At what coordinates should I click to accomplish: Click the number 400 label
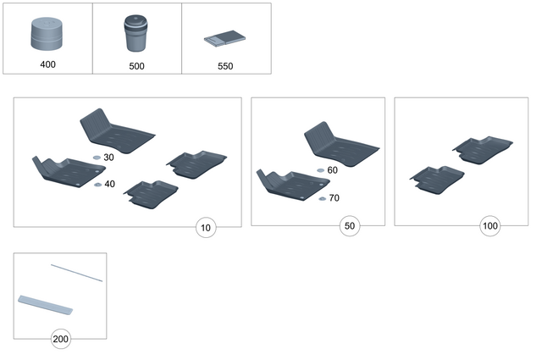47,64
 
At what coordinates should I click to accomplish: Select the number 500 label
135,65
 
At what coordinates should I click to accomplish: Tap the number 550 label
225,65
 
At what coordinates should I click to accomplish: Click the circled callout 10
207,227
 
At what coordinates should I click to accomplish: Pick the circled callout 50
351,226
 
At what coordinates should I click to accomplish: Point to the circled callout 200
60,340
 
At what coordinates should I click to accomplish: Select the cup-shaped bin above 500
135,34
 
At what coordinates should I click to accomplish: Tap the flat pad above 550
224,38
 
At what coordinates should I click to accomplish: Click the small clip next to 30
97,158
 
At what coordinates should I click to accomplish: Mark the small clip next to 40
97,185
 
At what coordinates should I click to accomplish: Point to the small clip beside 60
320,171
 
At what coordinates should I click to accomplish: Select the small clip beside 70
322,198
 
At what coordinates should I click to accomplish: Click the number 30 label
108,158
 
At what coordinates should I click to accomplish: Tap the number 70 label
333,198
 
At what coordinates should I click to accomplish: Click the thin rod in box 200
76,272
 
